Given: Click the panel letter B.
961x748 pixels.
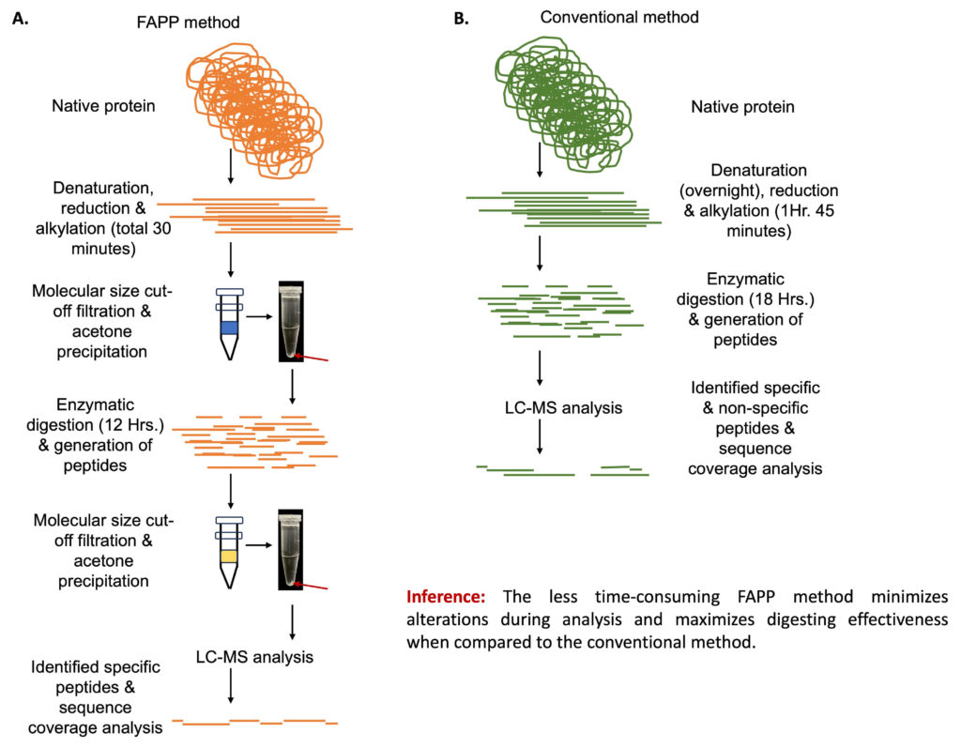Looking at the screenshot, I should click(461, 18).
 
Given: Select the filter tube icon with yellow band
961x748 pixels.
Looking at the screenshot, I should click(230, 550).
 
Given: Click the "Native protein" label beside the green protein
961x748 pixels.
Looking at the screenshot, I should click(742, 107).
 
